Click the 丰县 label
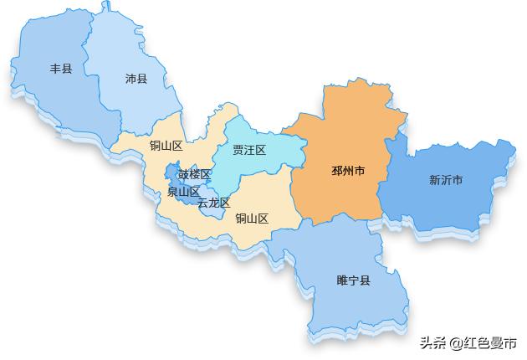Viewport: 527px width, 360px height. tap(61, 69)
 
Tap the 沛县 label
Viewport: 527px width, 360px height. tap(136, 79)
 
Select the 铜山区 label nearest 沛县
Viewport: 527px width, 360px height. tap(166, 146)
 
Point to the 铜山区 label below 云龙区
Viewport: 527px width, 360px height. tap(252, 219)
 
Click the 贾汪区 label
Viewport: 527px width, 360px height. tap(249, 151)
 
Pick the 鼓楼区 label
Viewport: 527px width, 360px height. tap(194, 174)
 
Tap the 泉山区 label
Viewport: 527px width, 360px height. tap(183, 192)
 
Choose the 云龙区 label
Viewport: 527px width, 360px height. tap(213, 203)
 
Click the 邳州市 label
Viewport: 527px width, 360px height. tap(348, 171)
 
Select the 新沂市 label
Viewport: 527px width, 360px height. tap(446, 179)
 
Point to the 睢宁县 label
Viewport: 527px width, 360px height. tap(353, 280)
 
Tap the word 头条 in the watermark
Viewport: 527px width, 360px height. tap(432, 343)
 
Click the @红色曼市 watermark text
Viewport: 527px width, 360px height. tap(483, 343)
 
